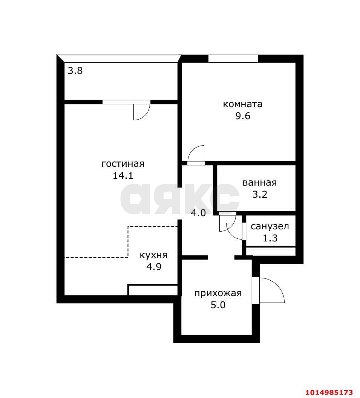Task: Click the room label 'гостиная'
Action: click(x=123, y=164)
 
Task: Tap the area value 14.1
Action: click(x=123, y=175)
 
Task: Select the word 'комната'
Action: click(x=242, y=104)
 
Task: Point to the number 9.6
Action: click(x=243, y=116)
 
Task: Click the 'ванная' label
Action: click(x=259, y=183)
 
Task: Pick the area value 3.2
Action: click(x=260, y=194)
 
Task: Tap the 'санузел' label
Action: click(x=270, y=226)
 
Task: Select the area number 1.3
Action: click(x=270, y=238)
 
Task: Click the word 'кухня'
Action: click(x=153, y=255)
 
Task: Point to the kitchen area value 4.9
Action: click(x=154, y=267)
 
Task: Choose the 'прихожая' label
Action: click(x=218, y=294)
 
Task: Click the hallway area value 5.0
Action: click(x=218, y=305)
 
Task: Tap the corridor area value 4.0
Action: click(x=198, y=213)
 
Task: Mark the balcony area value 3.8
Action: click(x=75, y=71)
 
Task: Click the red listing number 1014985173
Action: click(x=329, y=392)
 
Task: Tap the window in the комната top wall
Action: click(x=233, y=58)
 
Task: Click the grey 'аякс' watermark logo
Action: click(x=180, y=199)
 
